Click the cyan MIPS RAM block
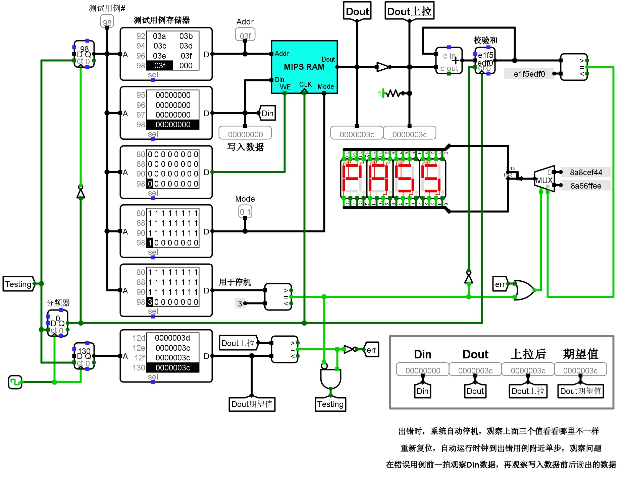[304, 67]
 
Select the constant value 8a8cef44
[586, 172]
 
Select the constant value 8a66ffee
[586, 186]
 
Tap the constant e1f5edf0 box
[529, 74]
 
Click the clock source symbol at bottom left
[15, 382]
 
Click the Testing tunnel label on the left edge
[18, 284]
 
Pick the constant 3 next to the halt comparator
[240, 303]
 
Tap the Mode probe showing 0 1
[245, 212]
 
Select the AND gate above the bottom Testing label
[330, 378]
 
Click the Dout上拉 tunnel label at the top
[409, 11]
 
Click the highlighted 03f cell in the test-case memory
[160, 66]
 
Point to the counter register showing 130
[84, 356]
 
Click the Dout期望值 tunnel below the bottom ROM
[252, 404]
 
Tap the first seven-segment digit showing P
[353, 178]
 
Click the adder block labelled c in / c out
[449, 61]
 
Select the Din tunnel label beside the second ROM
[267, 113]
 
